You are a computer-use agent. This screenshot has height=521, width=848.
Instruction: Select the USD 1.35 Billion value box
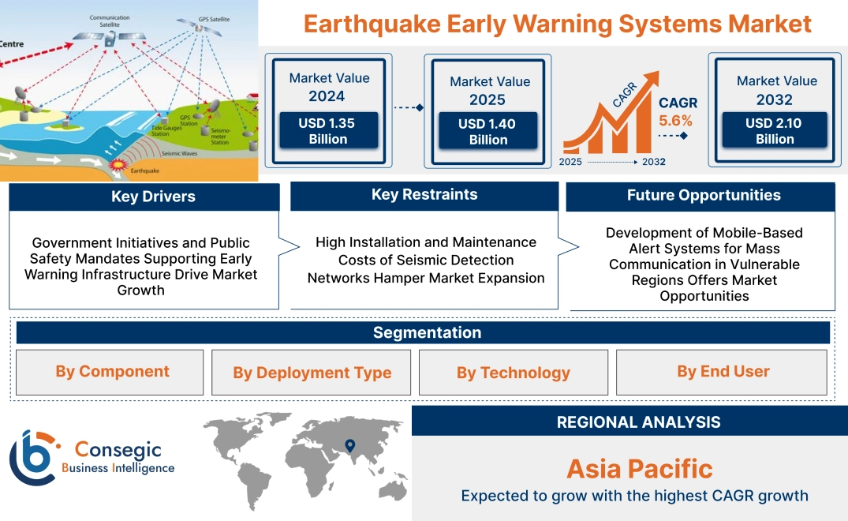point(328,130)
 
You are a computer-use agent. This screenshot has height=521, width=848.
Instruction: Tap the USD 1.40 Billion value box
point(488,131)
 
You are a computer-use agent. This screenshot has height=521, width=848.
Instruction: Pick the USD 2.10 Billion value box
point(775,130)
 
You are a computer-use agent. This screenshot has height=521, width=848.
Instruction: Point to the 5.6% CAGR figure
point(675,121)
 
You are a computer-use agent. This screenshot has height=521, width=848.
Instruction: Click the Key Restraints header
point(424,195)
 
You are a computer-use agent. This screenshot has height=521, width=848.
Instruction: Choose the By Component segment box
point(112,372)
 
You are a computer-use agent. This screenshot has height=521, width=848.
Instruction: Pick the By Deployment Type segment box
point(312,373)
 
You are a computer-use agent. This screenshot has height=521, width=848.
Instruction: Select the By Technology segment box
point(513,373)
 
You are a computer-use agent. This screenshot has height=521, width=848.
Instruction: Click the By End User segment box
point(723,372)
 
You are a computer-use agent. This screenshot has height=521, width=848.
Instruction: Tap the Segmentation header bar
point(427,332)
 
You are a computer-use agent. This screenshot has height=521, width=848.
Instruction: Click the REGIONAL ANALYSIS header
point(638,422)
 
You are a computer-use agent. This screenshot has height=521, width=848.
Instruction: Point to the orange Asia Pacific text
point(639,469)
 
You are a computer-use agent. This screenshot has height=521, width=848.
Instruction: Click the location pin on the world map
point(350,446)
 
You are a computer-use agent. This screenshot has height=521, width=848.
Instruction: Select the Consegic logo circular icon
point(32,457)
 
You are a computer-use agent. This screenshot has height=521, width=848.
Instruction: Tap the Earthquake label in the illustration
point(144,170)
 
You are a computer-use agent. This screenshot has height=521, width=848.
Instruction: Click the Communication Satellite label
point(110,20)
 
